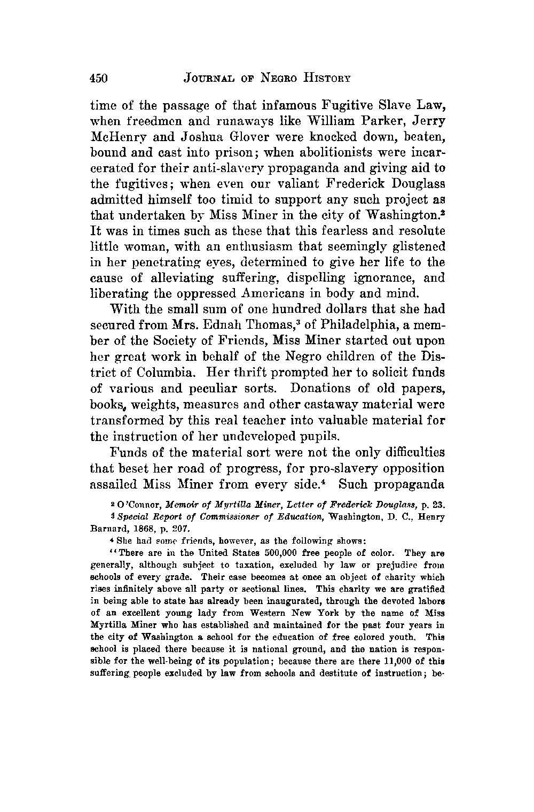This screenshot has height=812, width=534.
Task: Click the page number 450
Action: tap(99, 79)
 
